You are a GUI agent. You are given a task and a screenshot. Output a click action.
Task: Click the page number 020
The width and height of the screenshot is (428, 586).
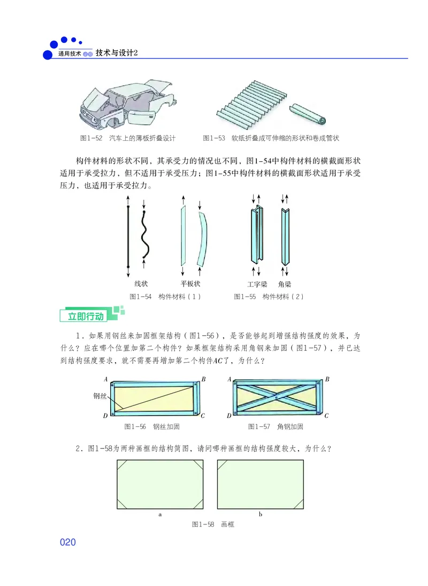(68, 542)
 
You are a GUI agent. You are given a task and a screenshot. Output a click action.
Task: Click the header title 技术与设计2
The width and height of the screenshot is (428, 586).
(117, 53)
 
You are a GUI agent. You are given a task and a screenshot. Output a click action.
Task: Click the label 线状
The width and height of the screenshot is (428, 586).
(141, 284)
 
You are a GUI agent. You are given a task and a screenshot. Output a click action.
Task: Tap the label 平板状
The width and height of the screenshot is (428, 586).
(190, 284)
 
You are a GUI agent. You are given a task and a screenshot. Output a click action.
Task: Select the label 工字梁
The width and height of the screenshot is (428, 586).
(257, 284)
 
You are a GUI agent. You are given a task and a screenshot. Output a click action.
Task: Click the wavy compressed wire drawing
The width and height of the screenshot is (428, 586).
(144, 235)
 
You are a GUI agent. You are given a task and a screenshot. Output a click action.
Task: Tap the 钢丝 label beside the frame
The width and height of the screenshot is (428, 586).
(100, 396)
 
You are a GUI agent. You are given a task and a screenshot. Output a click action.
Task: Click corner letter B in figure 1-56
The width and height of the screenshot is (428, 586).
(204, 379)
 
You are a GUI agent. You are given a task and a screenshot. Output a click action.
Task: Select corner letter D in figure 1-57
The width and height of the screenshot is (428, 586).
(229, 416)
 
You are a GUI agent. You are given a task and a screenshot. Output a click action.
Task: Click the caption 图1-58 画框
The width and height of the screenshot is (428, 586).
(212, 524)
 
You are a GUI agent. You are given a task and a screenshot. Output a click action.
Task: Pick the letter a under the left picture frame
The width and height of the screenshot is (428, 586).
(160, 514)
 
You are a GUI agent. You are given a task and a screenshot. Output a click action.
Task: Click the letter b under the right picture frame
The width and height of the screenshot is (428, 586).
(261, 514)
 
